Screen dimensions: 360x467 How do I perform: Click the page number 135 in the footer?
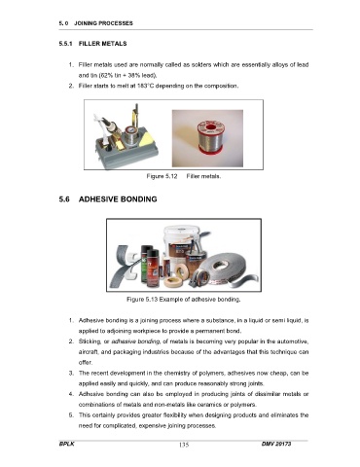point(184,445)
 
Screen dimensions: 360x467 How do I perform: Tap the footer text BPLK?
point(67,444)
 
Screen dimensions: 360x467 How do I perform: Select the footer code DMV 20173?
point(276,444)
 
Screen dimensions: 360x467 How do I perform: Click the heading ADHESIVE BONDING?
point(118,199)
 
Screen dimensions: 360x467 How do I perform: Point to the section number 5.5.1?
point(65,44)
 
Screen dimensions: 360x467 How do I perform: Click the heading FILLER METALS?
point(102,44)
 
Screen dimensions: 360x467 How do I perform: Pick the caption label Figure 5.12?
point(162,176)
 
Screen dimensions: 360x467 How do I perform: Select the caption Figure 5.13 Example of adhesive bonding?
point(184,299)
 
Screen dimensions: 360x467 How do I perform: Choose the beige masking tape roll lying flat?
point(173,282)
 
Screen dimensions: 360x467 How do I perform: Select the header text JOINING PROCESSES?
point(103,23)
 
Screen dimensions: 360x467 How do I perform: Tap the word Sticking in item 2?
point(90,341)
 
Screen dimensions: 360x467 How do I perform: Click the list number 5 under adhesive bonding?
point(71,415)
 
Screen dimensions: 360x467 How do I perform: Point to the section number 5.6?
point(64,199)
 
